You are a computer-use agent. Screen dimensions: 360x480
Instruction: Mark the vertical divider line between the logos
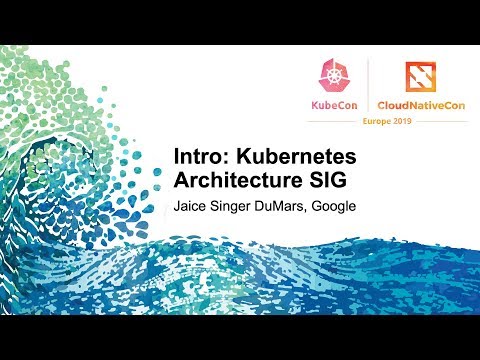pyautogui.click(x=369, y=86)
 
